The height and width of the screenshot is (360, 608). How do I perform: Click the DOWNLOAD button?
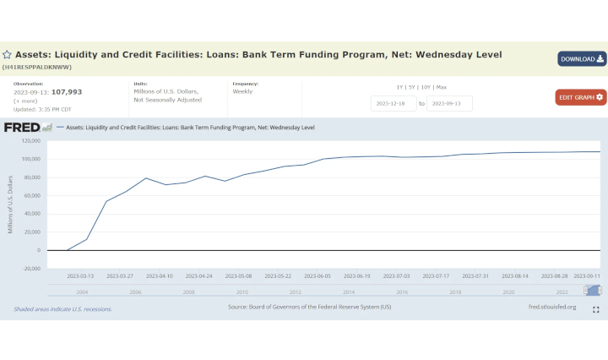click(x=581, y=58)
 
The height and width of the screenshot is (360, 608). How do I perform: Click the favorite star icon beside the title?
click(x=7, y=54)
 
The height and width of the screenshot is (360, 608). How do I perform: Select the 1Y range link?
click(x=400, y=87)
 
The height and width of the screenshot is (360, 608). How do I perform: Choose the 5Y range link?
click(x=412, y=87)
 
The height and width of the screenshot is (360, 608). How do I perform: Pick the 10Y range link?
click(x=426, y=87)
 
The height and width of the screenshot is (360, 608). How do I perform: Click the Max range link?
click(x=441, y=87)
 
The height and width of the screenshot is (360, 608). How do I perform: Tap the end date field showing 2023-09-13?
click(x=449, y=103)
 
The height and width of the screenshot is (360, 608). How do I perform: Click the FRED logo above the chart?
click(x=22, y=128)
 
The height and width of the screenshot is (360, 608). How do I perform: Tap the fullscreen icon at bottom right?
click(x=595, y=309)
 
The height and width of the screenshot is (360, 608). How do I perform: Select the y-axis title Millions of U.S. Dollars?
click(x=10, y=204)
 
